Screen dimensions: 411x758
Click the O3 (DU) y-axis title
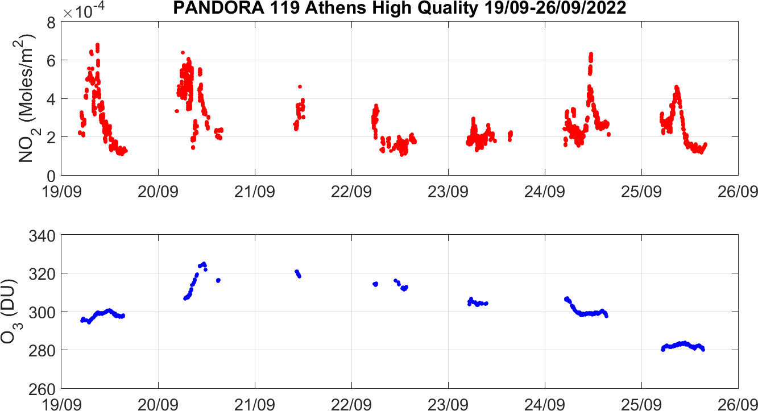10,312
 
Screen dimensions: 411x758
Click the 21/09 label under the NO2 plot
255,190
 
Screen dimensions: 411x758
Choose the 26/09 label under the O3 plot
738,403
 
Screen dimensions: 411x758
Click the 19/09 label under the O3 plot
61,403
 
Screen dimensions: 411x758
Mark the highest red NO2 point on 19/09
98,44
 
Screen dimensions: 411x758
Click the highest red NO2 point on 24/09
591,54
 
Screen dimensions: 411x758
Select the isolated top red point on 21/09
300,86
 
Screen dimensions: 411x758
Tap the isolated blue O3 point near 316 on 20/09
218,280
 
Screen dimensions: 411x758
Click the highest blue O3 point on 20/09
204,263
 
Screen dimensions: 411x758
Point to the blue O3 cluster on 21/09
297,273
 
